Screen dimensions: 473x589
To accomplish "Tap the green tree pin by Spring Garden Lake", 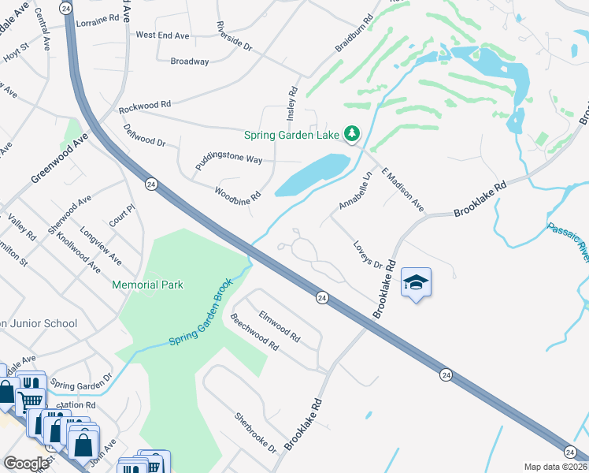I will coord(354,134).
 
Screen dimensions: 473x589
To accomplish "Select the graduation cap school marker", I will coord(416,283).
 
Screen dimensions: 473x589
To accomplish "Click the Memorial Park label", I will coord(147,284).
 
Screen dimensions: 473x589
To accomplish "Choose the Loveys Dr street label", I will coord(367,254).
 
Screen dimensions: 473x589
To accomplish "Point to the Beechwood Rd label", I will coord(254,333).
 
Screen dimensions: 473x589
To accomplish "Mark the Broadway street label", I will coord(190,61).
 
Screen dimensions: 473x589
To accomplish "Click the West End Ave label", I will coord(162,35).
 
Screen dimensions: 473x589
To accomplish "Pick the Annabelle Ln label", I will coord(354,192).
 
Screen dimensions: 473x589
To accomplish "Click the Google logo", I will coord(26,464).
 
